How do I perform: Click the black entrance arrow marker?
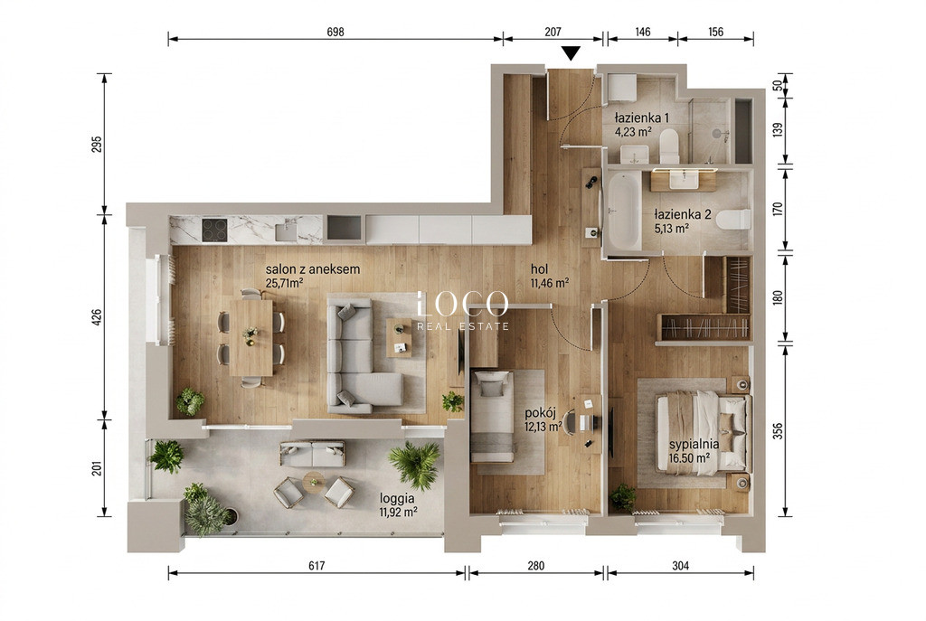tap(571, 53)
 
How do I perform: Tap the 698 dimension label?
tap(335, 32)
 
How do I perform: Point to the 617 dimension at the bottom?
tap(317, 566)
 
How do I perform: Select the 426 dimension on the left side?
tap(98, 317)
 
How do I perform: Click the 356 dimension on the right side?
tap(778, 431)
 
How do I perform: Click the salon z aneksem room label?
tap(312, 269)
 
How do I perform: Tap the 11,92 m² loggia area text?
tap(398, 512)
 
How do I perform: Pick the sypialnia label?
tap(694, 444)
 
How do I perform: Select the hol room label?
tap(539, 269)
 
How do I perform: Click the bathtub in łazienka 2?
tap(624, 211)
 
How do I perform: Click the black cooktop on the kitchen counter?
tap(214, 231)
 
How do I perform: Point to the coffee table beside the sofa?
tap(400, 338)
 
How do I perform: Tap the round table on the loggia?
tap(314, 481)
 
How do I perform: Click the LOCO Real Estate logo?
tap(462, 311)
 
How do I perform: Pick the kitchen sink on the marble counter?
tap(287, 229)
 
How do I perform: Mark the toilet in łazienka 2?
tap(733, 220)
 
